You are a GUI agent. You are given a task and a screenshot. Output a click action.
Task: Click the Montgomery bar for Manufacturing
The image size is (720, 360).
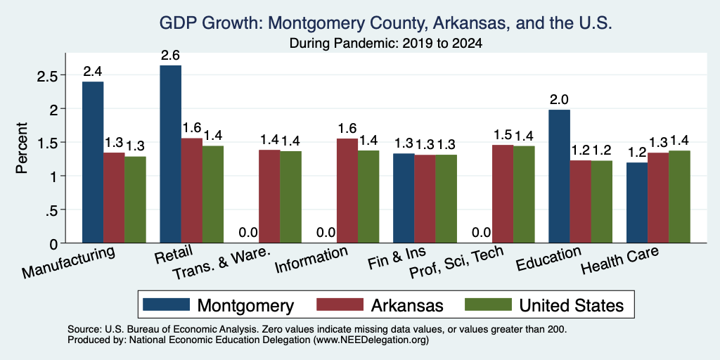tap(93, 162)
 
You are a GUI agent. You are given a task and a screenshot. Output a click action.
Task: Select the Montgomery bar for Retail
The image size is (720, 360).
tap(170, 154)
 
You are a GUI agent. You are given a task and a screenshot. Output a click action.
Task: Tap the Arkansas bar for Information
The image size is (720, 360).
tap(347, 191)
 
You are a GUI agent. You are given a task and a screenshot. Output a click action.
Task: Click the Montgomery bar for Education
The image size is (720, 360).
tap(559, 176)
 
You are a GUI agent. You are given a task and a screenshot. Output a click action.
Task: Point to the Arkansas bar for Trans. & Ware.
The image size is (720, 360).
tap(269, 197)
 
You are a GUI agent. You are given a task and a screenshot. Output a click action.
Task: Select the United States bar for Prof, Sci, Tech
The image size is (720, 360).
tap(524, 195)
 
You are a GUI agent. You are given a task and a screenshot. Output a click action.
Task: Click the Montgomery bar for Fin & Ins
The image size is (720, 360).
tap(404, 198)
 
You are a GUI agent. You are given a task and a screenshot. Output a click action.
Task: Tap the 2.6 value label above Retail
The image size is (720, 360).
tap(170, 56)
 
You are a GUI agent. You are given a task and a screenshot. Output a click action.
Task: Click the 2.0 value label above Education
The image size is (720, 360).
tap(559, 100)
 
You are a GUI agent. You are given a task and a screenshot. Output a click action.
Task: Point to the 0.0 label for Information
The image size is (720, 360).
tap(326, 233)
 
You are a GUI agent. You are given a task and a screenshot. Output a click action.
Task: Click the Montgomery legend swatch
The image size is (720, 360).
tap(166, 304)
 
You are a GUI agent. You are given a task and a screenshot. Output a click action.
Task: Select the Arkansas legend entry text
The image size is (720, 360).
tap(407, 305)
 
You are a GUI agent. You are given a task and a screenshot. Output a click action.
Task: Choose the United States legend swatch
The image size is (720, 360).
tap(488, 304)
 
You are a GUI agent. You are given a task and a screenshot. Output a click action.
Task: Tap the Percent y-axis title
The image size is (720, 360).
tap(21, 148)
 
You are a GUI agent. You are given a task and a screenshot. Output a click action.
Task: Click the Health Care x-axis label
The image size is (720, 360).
tap(620, 260)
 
